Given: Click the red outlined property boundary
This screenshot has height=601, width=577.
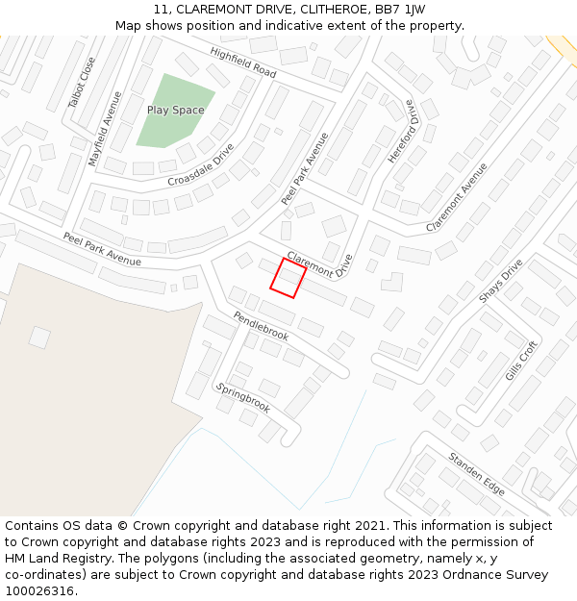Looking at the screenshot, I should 288,278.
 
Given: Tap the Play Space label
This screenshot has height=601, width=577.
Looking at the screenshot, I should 175,111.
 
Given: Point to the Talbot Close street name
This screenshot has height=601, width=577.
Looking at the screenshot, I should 83,82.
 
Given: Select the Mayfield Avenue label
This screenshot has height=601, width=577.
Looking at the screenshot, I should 106,129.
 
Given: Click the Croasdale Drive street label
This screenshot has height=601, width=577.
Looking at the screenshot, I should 200,165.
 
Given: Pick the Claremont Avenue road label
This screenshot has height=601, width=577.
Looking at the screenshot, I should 456,197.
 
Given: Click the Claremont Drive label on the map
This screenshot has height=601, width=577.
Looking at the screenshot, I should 320,264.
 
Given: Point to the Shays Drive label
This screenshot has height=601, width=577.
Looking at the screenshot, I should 500,280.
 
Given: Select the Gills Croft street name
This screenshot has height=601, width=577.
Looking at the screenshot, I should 521,359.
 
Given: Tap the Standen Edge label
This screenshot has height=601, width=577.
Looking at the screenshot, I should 476,473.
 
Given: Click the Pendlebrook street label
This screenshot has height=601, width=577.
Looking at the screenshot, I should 261,326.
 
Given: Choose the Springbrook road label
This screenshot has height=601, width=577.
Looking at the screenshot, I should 242,397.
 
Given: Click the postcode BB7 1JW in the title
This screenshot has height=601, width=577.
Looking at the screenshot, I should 403,10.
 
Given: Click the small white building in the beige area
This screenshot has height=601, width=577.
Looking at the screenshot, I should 39,337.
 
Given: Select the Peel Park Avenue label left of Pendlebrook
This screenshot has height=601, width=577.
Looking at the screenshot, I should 102,249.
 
